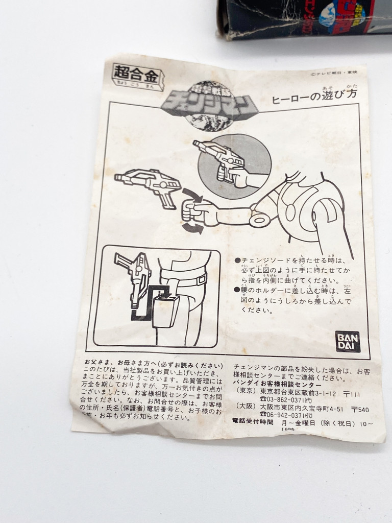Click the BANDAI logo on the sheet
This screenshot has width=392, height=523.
(x=348, y=341)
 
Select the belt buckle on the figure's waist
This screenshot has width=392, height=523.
(x=202, y=279)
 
